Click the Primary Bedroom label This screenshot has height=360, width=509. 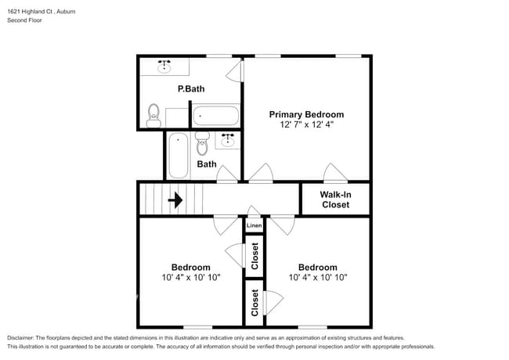click(306, 114)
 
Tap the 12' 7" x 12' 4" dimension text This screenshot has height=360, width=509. click(306, 125)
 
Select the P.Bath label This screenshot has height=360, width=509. click(190, 89)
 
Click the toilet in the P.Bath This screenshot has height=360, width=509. click(153, 117)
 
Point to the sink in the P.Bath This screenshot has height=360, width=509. click(164, 67)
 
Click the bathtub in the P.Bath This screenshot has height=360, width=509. click(215, 116)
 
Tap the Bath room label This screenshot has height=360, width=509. click(206, 164)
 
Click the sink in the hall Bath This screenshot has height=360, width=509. click(228, 140)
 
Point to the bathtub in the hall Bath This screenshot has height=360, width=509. click(177, 155)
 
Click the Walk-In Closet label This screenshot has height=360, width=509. click(335, 200)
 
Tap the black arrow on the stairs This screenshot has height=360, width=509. click(175, 200)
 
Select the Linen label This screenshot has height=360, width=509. click(254, 226)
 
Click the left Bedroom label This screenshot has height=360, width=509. click(190, 267)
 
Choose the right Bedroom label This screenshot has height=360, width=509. click(317, 267)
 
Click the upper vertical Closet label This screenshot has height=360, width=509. click(254, 255)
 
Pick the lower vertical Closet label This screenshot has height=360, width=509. click(254, 302)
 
